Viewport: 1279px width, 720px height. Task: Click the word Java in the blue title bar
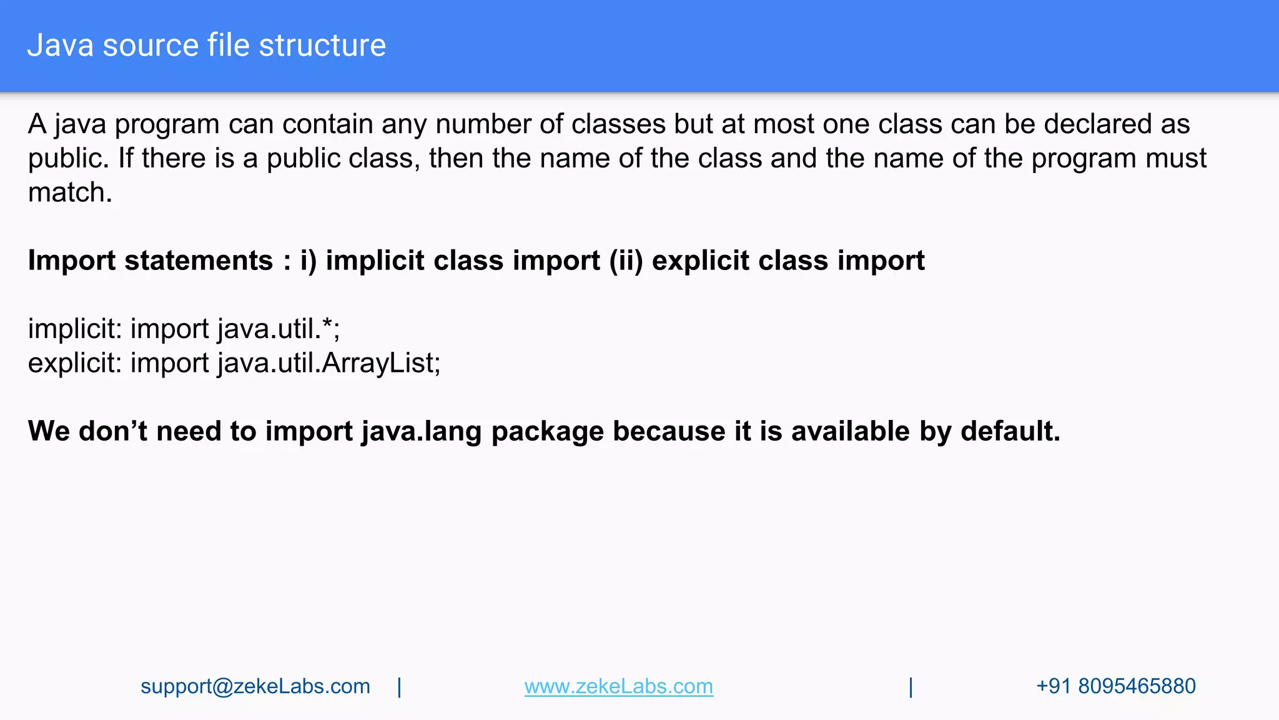coord(61,46)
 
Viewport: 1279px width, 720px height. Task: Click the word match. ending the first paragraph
coord(70,192)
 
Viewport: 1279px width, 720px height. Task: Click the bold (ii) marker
coord(626,261)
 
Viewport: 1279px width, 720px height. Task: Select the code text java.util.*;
coord(279,329)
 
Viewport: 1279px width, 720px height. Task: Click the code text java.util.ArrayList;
coord(329,363)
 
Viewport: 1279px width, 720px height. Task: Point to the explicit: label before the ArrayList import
coord(75,363)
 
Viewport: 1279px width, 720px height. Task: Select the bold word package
coord(547,431)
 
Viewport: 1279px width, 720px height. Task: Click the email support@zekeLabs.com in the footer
coord(255,686)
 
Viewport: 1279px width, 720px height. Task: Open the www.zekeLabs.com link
coord(618,686)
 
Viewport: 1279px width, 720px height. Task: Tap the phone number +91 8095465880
coord(1115,686)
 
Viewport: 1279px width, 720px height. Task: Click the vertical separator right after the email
coord(400,687)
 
